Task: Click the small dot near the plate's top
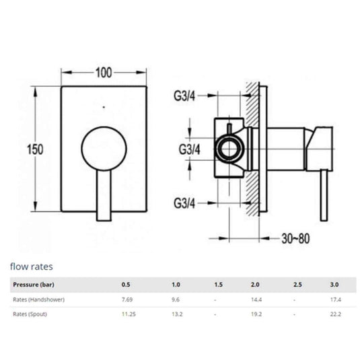[103, 107]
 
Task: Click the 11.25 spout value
[127, 314]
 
